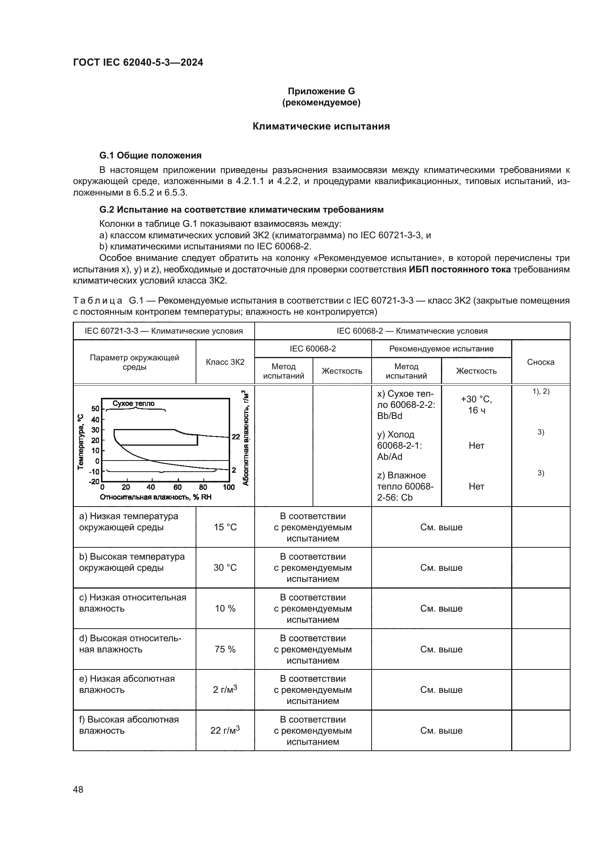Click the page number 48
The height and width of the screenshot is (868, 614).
pyautogui.click(x=78, y=789)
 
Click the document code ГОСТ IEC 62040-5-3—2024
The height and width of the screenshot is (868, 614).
pyautogui.click(x=138, y=62)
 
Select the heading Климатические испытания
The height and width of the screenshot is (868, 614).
pyautogui.click(x=321, y=126)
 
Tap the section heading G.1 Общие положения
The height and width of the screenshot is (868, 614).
pyautogui.click(x=150, y=155)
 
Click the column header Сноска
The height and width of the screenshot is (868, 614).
pyautogui.click(x=540, y=362)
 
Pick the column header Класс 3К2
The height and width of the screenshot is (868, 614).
pyautogui.click(x=225, y=362)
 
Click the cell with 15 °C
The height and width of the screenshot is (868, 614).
pyautogui.click(x=225, y=527)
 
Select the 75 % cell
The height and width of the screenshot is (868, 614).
pyautogui.click(x=225, y=649)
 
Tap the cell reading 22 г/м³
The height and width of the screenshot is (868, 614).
pyautogui.click(x=225, y=730)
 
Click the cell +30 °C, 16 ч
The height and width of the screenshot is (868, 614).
pyautogui.click(x=476, y=404)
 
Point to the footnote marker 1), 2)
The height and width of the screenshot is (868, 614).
pyautogui.click(x=540, y=392)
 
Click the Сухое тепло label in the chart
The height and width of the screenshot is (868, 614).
pyautogui.click(x=134, y=403)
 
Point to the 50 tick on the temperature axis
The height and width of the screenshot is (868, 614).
pyautogui.click(x=95, y=409)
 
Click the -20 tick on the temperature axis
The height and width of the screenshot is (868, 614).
pyautogui.click(x=94, y=482)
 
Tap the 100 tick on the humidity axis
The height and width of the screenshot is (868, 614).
pyautogui.click(x=229, y=487)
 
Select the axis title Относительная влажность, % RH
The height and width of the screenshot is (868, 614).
pyautogui.click(x=156, y=497)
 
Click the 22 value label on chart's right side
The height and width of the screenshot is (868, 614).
pyautogui.click(x=236, y=437)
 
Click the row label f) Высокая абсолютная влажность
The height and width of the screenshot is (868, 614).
pyautogui.click(x=129, y=725)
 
